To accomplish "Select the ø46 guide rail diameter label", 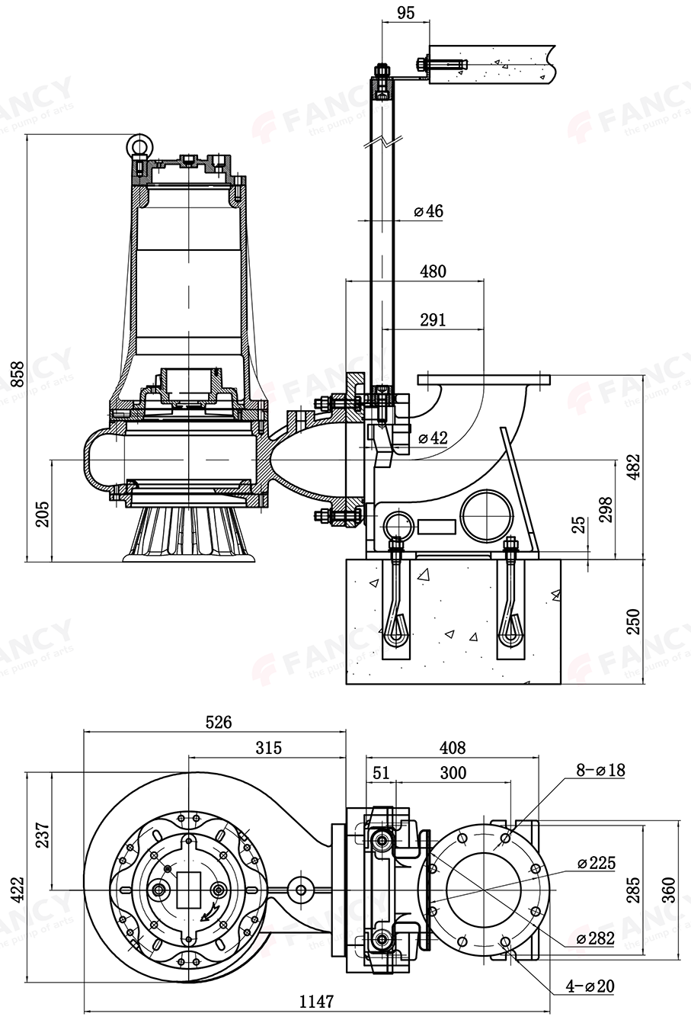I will pyautogui.click(x=428, y=211).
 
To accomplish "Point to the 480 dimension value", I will pyautogui.click(x=432, y=271).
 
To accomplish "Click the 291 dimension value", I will pyautogui.click(x=432, y=319).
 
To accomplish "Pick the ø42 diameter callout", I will pyautogui.click(x=432, y=438).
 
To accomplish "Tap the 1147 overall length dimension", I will pyautogui.click(x=315, y=1002).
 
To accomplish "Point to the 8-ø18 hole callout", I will pyautogui.click(x=600, y=770).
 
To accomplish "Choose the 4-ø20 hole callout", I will pyautogui.click(x=590, y=986).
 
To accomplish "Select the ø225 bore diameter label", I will pyautogui.click(x=596, y=864).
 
